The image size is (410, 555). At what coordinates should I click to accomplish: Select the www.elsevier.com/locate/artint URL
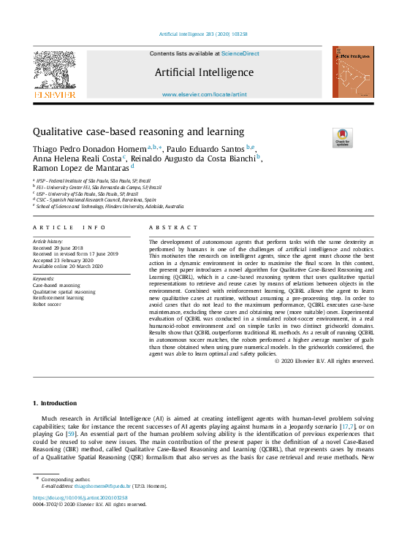205,95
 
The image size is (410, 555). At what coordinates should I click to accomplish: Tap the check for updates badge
322,137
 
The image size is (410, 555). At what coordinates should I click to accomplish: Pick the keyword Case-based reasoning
56,286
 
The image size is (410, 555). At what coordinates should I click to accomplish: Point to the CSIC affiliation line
96,199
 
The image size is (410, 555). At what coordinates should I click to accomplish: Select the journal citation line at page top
204,34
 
